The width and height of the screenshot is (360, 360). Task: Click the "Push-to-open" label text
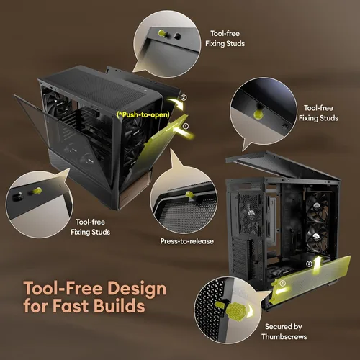pos(143,114)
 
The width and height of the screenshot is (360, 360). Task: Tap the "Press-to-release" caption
pos(187,241)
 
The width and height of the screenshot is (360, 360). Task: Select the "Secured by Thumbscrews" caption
pos(284,331)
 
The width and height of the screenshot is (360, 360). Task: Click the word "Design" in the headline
pos(137,288)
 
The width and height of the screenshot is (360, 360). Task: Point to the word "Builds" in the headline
pos(119,305)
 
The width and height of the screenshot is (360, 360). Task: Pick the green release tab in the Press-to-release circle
pos(189,195)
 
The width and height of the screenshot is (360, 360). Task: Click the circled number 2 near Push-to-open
pos(184,97)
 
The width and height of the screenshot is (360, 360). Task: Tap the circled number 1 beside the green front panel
pos(186,126)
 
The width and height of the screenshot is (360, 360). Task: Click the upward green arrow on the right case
pos(318,265)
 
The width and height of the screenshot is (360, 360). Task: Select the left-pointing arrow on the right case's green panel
pos(282,291)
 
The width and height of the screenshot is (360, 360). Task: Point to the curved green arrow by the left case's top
pos(175,103)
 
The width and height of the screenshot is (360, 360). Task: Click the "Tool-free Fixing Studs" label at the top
pos(225,38)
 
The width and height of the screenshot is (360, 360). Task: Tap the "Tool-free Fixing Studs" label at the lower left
pos(91,227)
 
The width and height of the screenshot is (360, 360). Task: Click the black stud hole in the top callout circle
pos(177,36)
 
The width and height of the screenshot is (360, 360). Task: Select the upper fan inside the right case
pos(316,207)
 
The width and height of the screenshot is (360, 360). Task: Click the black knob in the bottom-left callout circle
pos(18,197)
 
